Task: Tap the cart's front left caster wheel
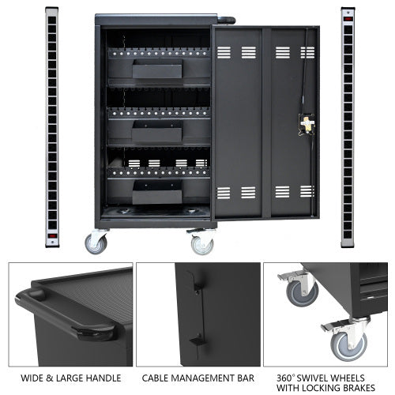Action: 97,243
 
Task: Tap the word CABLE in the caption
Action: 156,381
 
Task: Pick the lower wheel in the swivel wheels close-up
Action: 350,342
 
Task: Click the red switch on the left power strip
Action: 52,235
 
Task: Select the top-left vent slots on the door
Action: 226,52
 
